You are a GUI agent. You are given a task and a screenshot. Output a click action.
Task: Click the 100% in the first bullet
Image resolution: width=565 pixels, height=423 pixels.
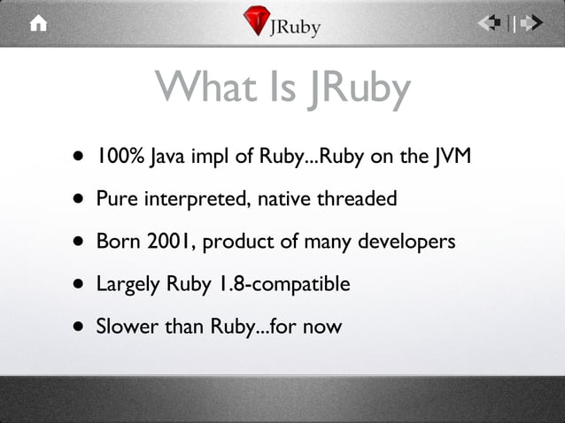pyautogui.click(x=114, y=157)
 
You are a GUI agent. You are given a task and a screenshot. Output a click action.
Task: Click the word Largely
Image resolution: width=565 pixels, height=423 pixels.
pyautogui.click(x=127, y=285)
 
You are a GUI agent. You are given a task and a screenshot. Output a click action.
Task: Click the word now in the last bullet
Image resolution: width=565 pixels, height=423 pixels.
pyautogui.click(x=321, y=327)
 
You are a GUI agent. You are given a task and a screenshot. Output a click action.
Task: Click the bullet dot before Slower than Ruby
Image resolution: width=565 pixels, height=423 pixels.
pyautogui.click(x=80, y=327)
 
